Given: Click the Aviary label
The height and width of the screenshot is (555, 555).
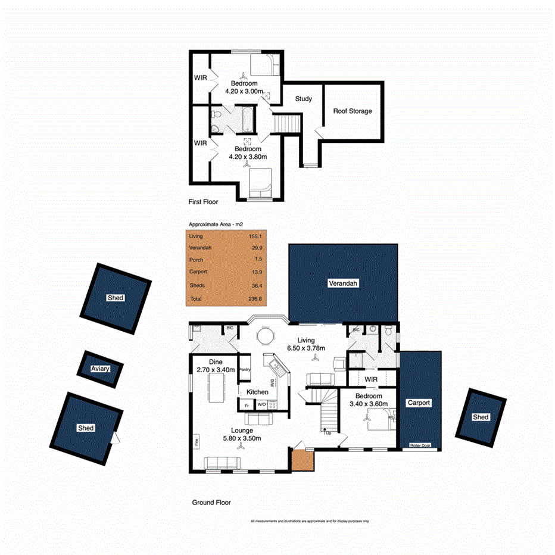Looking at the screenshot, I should click(x=100, y=369).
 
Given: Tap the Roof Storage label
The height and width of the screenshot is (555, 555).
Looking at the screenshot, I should click(x=353, y=111).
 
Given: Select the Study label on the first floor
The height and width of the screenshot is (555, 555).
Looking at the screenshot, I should click(x=303, y=99).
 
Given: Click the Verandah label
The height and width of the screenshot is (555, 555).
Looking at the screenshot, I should click(x=343, y=284).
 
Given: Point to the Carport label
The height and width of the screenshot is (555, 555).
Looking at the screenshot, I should click(x=418, y=403).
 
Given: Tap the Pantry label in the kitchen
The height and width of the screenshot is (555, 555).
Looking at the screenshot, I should click(x=245, y=370).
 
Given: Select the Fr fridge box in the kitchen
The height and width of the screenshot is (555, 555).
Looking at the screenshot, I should click(x=247, y=405).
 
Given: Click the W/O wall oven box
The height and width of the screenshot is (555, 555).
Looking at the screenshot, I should click(x=262, y=405).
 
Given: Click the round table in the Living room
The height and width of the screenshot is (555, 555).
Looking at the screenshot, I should click(x=265, y=336).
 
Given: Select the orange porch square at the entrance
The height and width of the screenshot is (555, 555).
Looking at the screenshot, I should click(x=302, y=459).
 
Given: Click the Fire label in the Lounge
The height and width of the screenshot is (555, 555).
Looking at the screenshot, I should click(x=195, y=442).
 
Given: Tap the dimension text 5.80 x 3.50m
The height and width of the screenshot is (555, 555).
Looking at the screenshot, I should click(x=241, y=438).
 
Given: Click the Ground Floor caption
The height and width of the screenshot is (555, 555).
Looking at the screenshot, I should click(x=211, y=503).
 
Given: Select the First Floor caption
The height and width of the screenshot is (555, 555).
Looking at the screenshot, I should click(x=203, y=202).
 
